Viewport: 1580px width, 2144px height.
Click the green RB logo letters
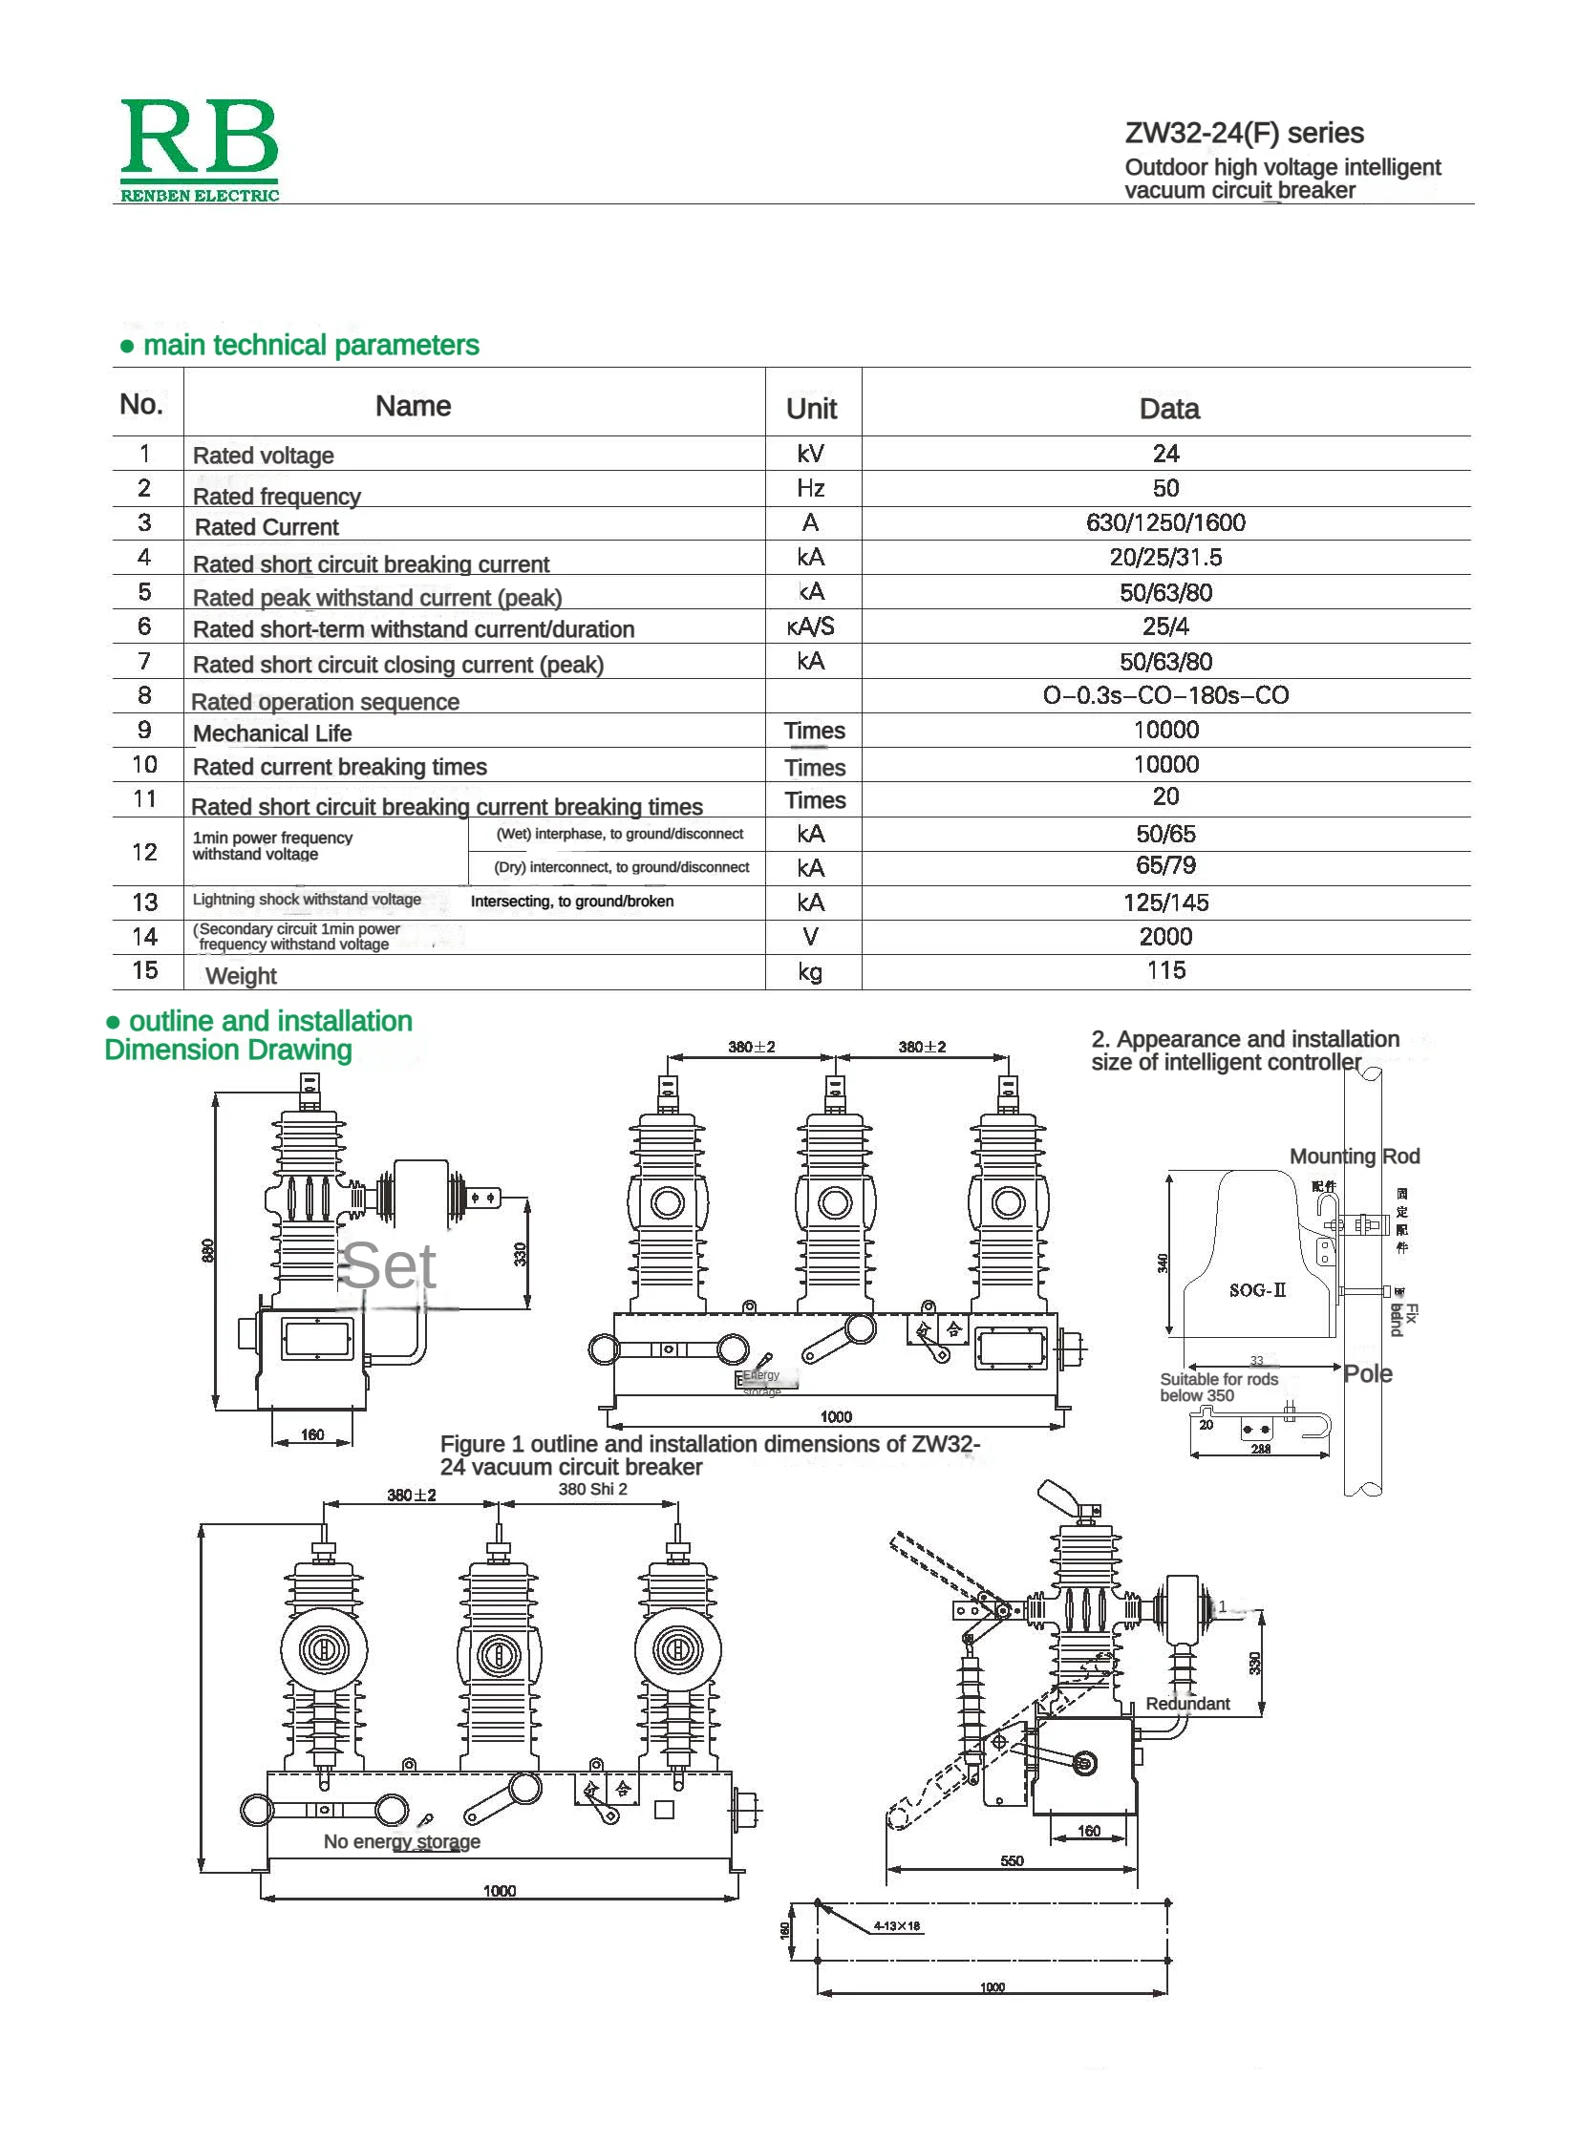pos(199,138)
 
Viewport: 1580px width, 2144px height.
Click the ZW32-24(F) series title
pos(1244,133)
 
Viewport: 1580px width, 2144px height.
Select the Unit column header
pos(811,409)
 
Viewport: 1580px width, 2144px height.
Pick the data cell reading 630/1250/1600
pos(1164,522)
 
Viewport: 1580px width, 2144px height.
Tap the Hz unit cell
pos(810,488)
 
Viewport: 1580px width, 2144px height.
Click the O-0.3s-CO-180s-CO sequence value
pos(1164,695)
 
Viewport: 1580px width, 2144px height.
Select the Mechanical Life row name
pos(272,733)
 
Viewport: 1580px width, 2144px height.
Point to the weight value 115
pos(1164,970)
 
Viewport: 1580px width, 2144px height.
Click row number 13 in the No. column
pos(144,902)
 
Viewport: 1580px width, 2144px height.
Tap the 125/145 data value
pos(1164,902)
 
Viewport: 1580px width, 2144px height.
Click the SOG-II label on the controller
pos(1257,1290)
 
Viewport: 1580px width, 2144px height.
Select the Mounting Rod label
pos(1354,1157)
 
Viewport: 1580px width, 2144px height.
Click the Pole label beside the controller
pos(1367,1374)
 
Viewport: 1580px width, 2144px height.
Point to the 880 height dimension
pos(207,1249)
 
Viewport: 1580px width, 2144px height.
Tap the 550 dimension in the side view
pos(1011,1861)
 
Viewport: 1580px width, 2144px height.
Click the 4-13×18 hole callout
pos(896,1926)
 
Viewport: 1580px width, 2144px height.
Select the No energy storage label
pos(402,1841)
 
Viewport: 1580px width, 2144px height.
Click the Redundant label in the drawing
pos(1187,1703)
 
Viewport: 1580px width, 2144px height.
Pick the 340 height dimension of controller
pos(1162,1263)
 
